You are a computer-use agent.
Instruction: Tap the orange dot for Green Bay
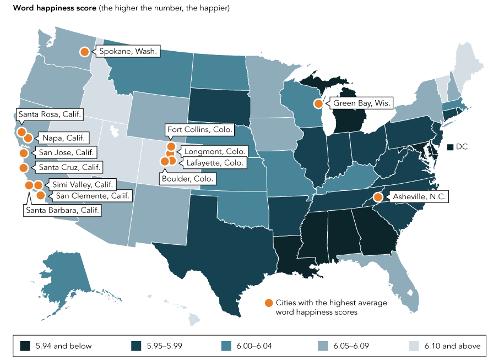pos(318,103)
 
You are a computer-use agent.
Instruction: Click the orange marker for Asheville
pos(378,197)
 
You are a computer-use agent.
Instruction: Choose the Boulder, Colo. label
pos(187,179)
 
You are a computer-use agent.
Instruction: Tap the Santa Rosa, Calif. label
pos(50,115)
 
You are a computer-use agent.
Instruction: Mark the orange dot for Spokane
pos(85,52)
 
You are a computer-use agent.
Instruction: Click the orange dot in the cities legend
pos(268,303)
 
